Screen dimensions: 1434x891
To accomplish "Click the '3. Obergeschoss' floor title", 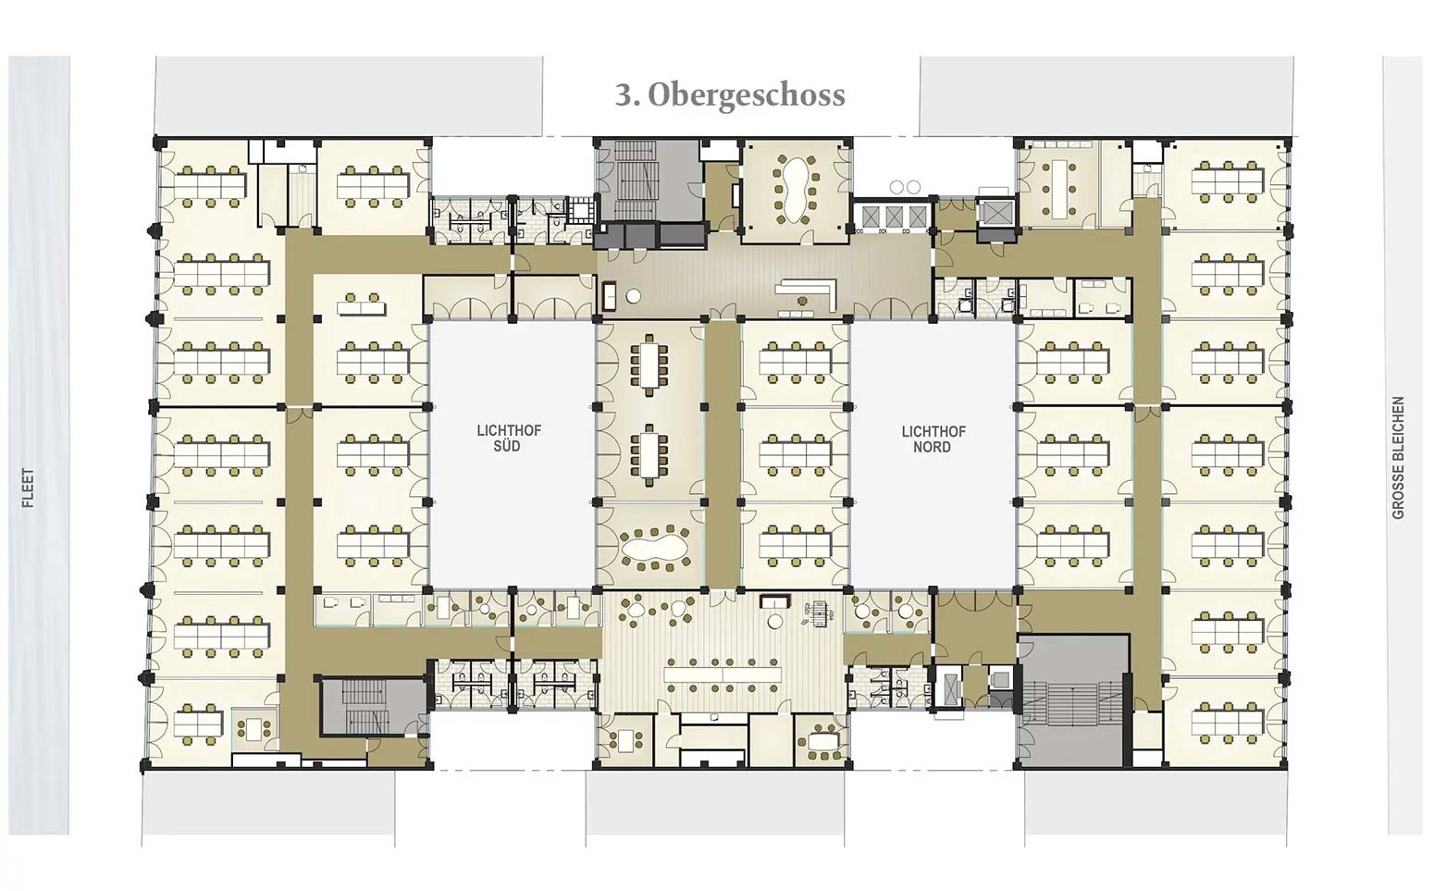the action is pyautogui.click(x=731, y=95).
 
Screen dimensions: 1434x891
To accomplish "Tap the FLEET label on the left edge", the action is pyautogui.click(x=28, y=488).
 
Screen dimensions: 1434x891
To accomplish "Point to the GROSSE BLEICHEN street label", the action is pyautogui.click(x=1398, y=458).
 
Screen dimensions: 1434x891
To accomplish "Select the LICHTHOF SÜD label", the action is pyautogui.click(x=509, y=438).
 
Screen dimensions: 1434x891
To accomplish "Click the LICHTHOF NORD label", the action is pyautogui.click(x=933, y=439).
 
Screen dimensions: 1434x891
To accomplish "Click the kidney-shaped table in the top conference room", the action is pyautogui.click(x=794, y=189).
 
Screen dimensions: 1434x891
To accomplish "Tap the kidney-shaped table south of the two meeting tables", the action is pyautogui.click(x=654, y=547).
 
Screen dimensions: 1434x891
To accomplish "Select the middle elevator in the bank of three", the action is pyautogui.click(x=895, y=217).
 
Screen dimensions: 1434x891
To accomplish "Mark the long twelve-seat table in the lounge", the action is pyautogui.click(x=723, y=674).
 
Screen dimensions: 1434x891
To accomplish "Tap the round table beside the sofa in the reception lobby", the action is pyautogui.click(x=633, y=296).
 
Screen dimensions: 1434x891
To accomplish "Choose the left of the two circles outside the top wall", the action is pyautogui.click(x=896, y=188).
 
